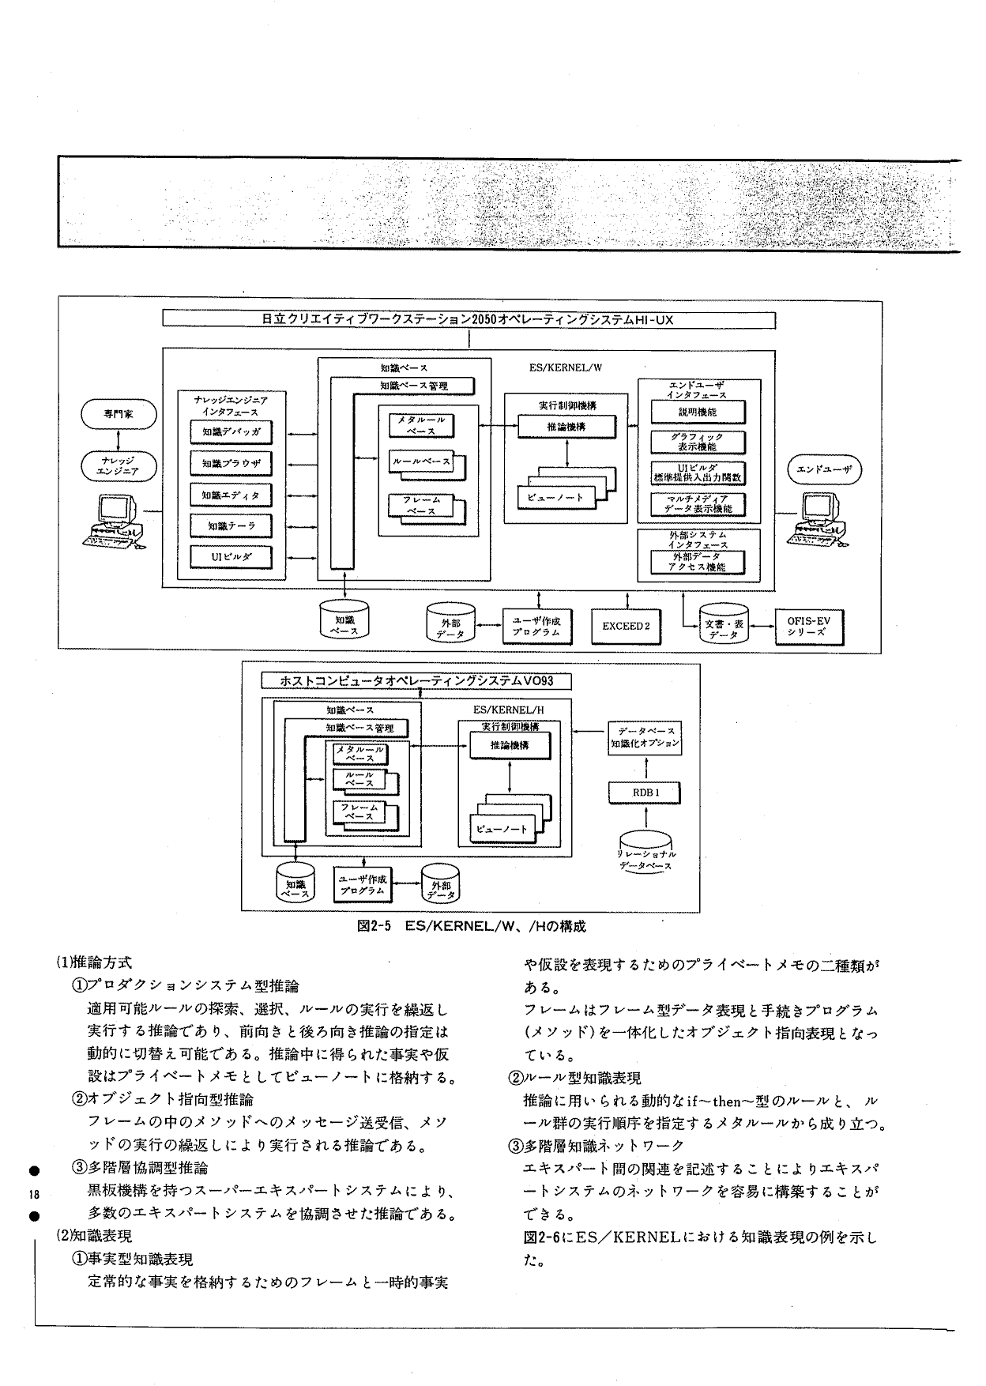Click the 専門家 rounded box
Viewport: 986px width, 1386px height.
click(119, 413)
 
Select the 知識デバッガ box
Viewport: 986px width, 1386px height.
click(231, 432)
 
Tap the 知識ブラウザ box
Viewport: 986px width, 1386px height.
click(231, 463)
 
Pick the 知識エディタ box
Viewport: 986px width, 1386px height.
click(231, 495)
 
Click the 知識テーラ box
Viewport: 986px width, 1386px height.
click(231, 525)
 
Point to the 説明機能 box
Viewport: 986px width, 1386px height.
click(697, 412)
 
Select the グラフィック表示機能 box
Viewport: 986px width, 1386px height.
click(697, 442)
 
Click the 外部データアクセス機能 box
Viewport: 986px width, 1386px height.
click(697, 561)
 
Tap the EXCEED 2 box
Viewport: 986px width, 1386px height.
click(625, 627)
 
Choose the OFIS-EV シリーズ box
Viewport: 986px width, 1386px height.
click(808, 627)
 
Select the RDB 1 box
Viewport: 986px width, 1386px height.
click(645, 792)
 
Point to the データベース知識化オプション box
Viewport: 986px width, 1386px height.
click(645, 738)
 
